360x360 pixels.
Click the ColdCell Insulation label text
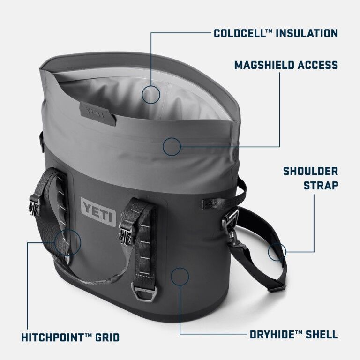point(276,33)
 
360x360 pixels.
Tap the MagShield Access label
point(286,65)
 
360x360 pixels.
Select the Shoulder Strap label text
point(310,178)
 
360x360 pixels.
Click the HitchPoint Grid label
point(70,337)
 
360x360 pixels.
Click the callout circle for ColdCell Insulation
point(151,94)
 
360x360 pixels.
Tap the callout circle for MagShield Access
point(172,146)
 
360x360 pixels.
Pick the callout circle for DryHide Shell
point(180,277)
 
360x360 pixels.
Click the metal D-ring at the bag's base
point(147,295)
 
